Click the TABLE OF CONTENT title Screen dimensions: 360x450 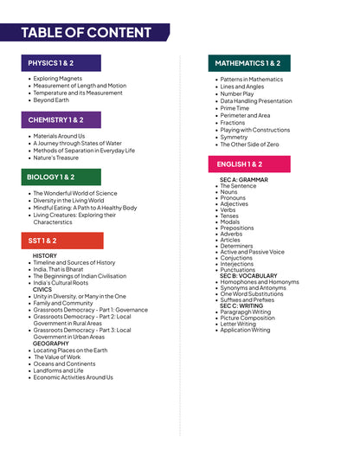click(86, 33)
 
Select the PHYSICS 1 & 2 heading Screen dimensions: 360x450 click(51, 63)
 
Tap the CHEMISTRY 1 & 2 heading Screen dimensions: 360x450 click(55, 120)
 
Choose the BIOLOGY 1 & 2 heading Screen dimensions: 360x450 click(50, 177)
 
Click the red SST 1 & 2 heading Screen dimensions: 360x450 click(42, 241)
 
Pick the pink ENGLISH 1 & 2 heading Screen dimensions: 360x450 click(240, 164)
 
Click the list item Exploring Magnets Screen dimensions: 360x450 click(58, 79)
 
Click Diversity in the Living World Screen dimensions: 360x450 click(68, 201)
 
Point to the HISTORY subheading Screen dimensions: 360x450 click(45, 256)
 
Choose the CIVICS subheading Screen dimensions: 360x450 click(42, 290)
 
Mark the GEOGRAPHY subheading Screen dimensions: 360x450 click(51, 344)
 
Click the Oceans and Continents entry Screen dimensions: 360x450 click(65, 363)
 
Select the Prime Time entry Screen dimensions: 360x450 click(235, 108)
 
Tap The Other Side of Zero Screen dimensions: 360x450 click(249, 144)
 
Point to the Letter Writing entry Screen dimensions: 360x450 click(239, 323)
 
